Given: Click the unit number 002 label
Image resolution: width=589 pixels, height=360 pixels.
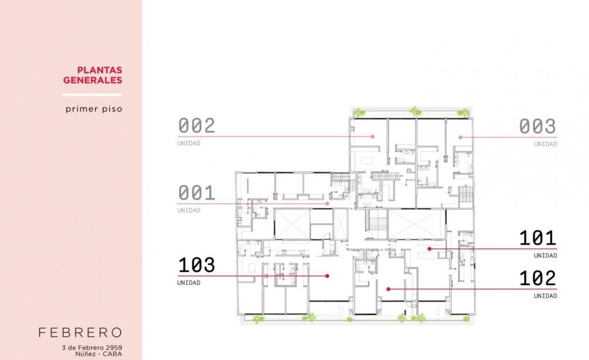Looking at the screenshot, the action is point(197,126).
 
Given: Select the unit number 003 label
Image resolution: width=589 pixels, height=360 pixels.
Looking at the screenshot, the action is point(537,126).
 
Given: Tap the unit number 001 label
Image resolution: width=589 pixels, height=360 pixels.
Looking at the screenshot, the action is point(197,193).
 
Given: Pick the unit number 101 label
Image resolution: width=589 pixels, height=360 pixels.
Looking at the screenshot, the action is point(538,238).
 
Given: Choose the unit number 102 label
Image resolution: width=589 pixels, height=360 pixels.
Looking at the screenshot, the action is point(538,278).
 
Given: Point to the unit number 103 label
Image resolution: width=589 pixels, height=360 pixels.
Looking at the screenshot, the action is point(197,265).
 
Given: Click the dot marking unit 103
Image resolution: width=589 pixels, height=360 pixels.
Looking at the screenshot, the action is point(327,276).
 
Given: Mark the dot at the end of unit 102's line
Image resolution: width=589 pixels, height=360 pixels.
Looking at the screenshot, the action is point(388,289).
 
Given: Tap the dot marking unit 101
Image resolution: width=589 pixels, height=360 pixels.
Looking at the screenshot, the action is point(429,249).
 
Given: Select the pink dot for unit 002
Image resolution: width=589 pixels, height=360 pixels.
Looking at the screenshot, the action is point(373,137).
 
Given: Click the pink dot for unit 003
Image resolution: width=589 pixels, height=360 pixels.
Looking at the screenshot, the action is point(460,137).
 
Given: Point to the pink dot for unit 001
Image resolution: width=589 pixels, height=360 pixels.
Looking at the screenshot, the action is point(327,203).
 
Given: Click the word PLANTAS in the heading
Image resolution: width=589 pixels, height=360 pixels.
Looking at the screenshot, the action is point(100,70).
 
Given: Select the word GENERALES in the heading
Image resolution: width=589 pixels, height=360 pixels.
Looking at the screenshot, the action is point(93,80).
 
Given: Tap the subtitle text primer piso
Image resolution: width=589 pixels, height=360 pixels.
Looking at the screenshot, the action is point(94,109).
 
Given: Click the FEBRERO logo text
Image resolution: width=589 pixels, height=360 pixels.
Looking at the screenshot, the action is point(80,332).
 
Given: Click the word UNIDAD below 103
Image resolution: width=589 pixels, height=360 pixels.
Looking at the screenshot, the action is point(188,282).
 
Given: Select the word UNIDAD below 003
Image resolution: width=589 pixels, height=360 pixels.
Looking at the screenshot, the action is point(545,144).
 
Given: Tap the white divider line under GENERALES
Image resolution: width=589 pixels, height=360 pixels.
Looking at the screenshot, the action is point(92,95).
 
